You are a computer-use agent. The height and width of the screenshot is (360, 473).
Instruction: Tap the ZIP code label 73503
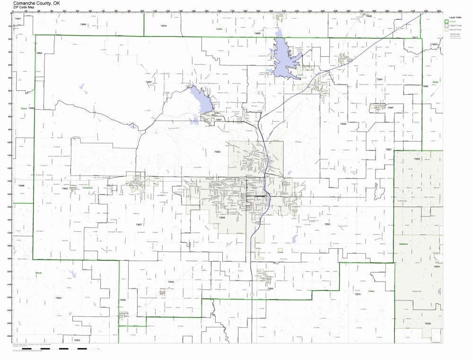218,152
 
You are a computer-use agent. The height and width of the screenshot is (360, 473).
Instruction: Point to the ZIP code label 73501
327,224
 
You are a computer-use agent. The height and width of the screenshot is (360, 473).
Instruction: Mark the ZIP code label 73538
343,123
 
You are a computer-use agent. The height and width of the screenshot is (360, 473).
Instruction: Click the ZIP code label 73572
358,294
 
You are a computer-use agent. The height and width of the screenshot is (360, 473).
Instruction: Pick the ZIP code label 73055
417,159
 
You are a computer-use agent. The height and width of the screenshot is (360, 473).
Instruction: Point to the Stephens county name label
403,244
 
